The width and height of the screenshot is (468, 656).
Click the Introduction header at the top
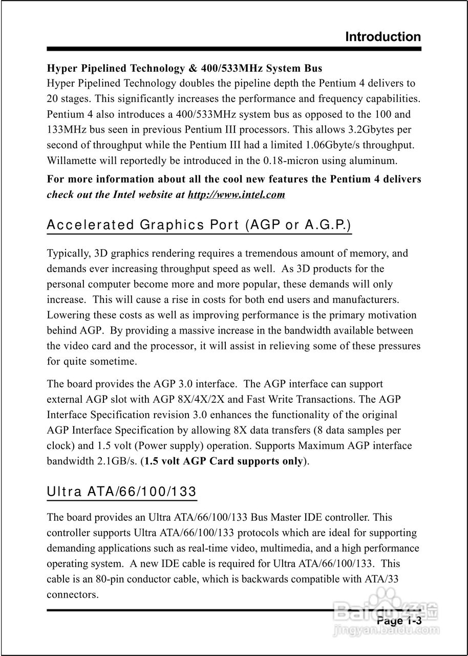[383, 37]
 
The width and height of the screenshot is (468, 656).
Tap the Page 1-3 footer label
[399, 621]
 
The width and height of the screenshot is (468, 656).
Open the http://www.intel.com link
[236, 195]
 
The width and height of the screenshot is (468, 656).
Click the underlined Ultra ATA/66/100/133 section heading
[122, 492]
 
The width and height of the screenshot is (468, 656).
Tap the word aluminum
[373, 160]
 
